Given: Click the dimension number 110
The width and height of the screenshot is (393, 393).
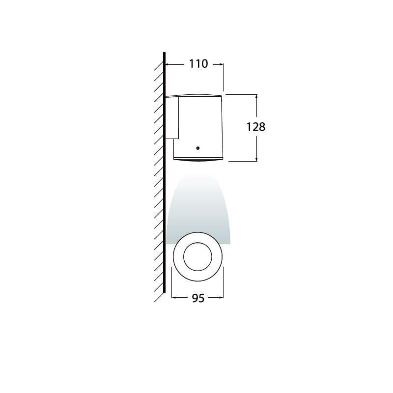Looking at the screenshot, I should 195,64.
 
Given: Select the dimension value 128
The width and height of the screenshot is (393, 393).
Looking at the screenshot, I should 255,127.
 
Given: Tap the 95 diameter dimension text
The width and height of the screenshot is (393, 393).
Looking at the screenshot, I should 197,299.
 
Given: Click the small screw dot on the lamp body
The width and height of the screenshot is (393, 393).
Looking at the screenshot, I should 197,147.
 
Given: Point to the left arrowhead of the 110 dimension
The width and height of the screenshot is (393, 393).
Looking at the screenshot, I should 167,64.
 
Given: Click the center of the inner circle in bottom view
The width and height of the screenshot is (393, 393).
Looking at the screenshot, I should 197,257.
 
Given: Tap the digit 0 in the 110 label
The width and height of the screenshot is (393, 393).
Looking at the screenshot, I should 203,64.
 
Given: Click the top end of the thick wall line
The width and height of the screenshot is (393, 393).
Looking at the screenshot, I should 164,53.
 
